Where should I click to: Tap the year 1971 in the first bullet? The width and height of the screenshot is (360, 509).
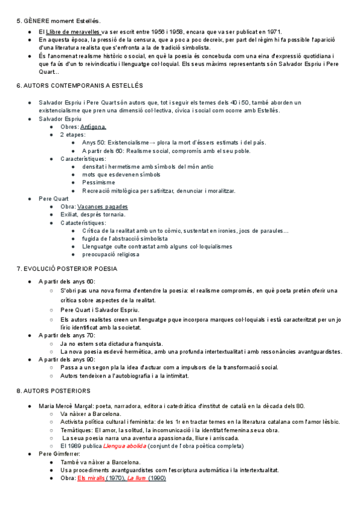(273, 31)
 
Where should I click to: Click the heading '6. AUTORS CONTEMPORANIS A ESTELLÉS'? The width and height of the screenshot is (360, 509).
(80, 86)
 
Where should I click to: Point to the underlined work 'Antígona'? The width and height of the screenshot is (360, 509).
(93, 127)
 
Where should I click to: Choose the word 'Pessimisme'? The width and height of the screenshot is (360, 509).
(98, 182)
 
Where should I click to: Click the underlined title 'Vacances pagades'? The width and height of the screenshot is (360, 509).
(103, 206)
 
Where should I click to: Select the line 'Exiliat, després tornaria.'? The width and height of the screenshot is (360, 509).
(93, 214)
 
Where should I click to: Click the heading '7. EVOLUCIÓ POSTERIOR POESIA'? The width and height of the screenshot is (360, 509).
(67, 268)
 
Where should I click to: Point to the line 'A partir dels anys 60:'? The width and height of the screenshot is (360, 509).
(67, 282)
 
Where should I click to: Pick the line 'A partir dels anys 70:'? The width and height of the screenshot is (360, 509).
(67, 335)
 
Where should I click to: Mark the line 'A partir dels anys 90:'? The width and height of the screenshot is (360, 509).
(67, 359)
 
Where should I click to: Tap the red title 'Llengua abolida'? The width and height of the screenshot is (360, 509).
(125, 446)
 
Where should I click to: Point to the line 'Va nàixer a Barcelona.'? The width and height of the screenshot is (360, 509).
(91, 414)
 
